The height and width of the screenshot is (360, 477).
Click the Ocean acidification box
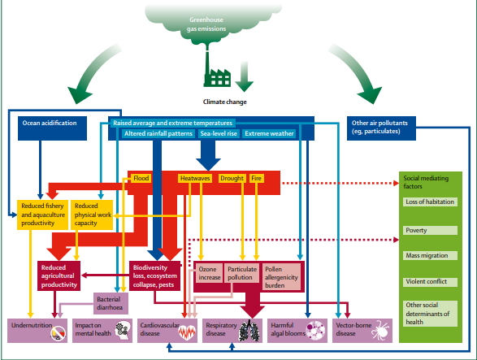pyautogui.click(x=52, y=128)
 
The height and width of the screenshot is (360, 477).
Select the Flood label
pyautogui.click(x=141, y=178)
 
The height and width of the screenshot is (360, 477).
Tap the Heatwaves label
pyautogui.click(x=195, y=178)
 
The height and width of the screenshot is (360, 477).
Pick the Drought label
pyautogui.click(x=232, y=178)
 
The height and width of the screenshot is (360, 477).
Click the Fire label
pyautogui.click(x=257, y=178)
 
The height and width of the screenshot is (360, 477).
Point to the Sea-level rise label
pyautogui.click(x=219, y=133)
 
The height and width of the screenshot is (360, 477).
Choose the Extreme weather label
pyautogui.click(x=269, y=133)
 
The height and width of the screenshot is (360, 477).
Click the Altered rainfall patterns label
pyautogui.click(x=158, y=133)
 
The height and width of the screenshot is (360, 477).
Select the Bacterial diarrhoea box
pyautogui.click(x=111, y=303)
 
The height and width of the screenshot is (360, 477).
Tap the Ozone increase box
pyautogui.click(x=210, y=273)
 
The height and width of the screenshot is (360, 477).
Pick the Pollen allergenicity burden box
pyautogui.click(x=281, y=277)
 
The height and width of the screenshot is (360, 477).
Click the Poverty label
pyautogui.click(x=430, y=230)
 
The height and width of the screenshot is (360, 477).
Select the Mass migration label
pyautogui.click(x=430, y=256)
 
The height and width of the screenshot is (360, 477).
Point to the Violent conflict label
pyautogui.click(x=430, y=282)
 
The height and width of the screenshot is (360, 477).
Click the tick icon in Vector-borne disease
pyautogui.click(x=380, y=330)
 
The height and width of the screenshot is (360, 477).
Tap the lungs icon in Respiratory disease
pyautogui.click(x=249, y=331)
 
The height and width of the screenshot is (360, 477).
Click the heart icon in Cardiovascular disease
pyautogui.click(x=186, y=332)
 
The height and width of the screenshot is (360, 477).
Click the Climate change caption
pyautogui.click(x=225, y=102)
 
